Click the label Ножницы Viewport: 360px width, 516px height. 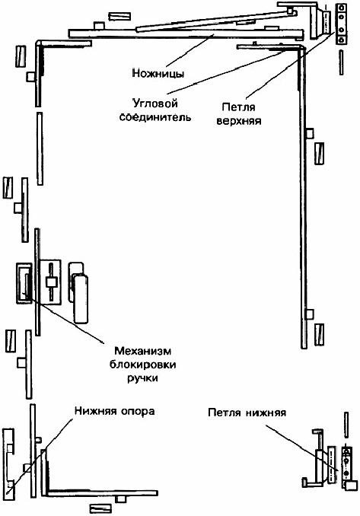pyautogui.click(x=158, y=73)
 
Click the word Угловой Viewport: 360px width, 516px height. pyautogui.click(x=155, y=104)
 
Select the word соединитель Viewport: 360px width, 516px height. pyautogui.click(x=155, y=117)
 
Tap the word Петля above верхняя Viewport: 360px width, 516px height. pyautogui.click(x=238, y=107)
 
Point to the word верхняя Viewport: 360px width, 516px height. pyautogui.click(x=238, y=121)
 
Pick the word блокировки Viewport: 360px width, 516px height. pyautogui.click(x=143, y=365)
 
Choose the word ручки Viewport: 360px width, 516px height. pyautogui.click(x=143, y=378)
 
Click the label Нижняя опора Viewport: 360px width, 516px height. pyautogui.click(x=114, y=411)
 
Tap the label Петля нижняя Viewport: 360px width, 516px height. pyautogui.click(x=247, y=412)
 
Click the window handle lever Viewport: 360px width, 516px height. pyautogui.click(x=80, y=298)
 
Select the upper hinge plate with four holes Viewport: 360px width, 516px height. pyautogui.click(x=341, y=24)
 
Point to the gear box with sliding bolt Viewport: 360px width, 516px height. pyautogui.click(x=50, y=282)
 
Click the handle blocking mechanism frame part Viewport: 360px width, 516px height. pyautogui.click(x=24, y=282)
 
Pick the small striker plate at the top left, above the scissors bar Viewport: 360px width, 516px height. pyautogui.click(x=119, y=17)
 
